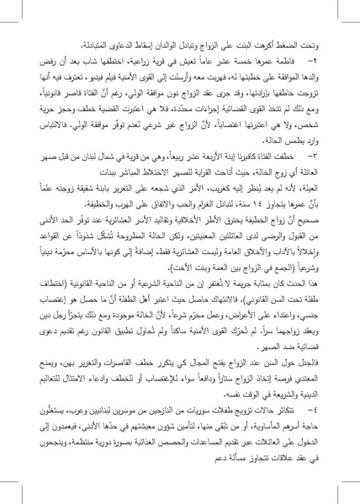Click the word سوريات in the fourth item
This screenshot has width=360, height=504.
coord(196,411)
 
